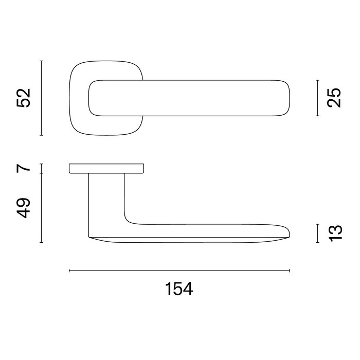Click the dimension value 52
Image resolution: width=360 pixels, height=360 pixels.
pyautogui.click(x=24, y=98)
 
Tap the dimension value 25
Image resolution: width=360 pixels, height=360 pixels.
pyautogui.click(x=334, y=98)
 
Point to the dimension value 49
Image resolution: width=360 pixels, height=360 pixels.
pyautogui.click(x=24, y=207)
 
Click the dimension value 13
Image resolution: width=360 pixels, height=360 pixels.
pyautogui.click(x=334, y=233)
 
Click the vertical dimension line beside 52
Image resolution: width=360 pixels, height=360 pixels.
pyautogui.click(x=41, y=98)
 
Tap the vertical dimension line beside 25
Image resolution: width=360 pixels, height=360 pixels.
pyautogui.click(x=318, y=98)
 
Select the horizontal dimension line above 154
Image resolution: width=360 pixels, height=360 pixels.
pyautogui.click(x=179, y=271)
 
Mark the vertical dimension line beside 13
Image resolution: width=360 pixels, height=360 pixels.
pyautogui.click(x=318, y=233)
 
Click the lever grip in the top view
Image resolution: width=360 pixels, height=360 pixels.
pyautogui.click(x=206, y=98)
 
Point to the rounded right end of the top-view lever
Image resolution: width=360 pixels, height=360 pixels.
pyautogui.click(x=285, y=98)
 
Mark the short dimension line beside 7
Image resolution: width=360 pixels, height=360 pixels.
pyautogui.click(x=41, y=168)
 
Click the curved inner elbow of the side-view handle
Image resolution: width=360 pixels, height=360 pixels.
pyautogui.click(x=129, y=220)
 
